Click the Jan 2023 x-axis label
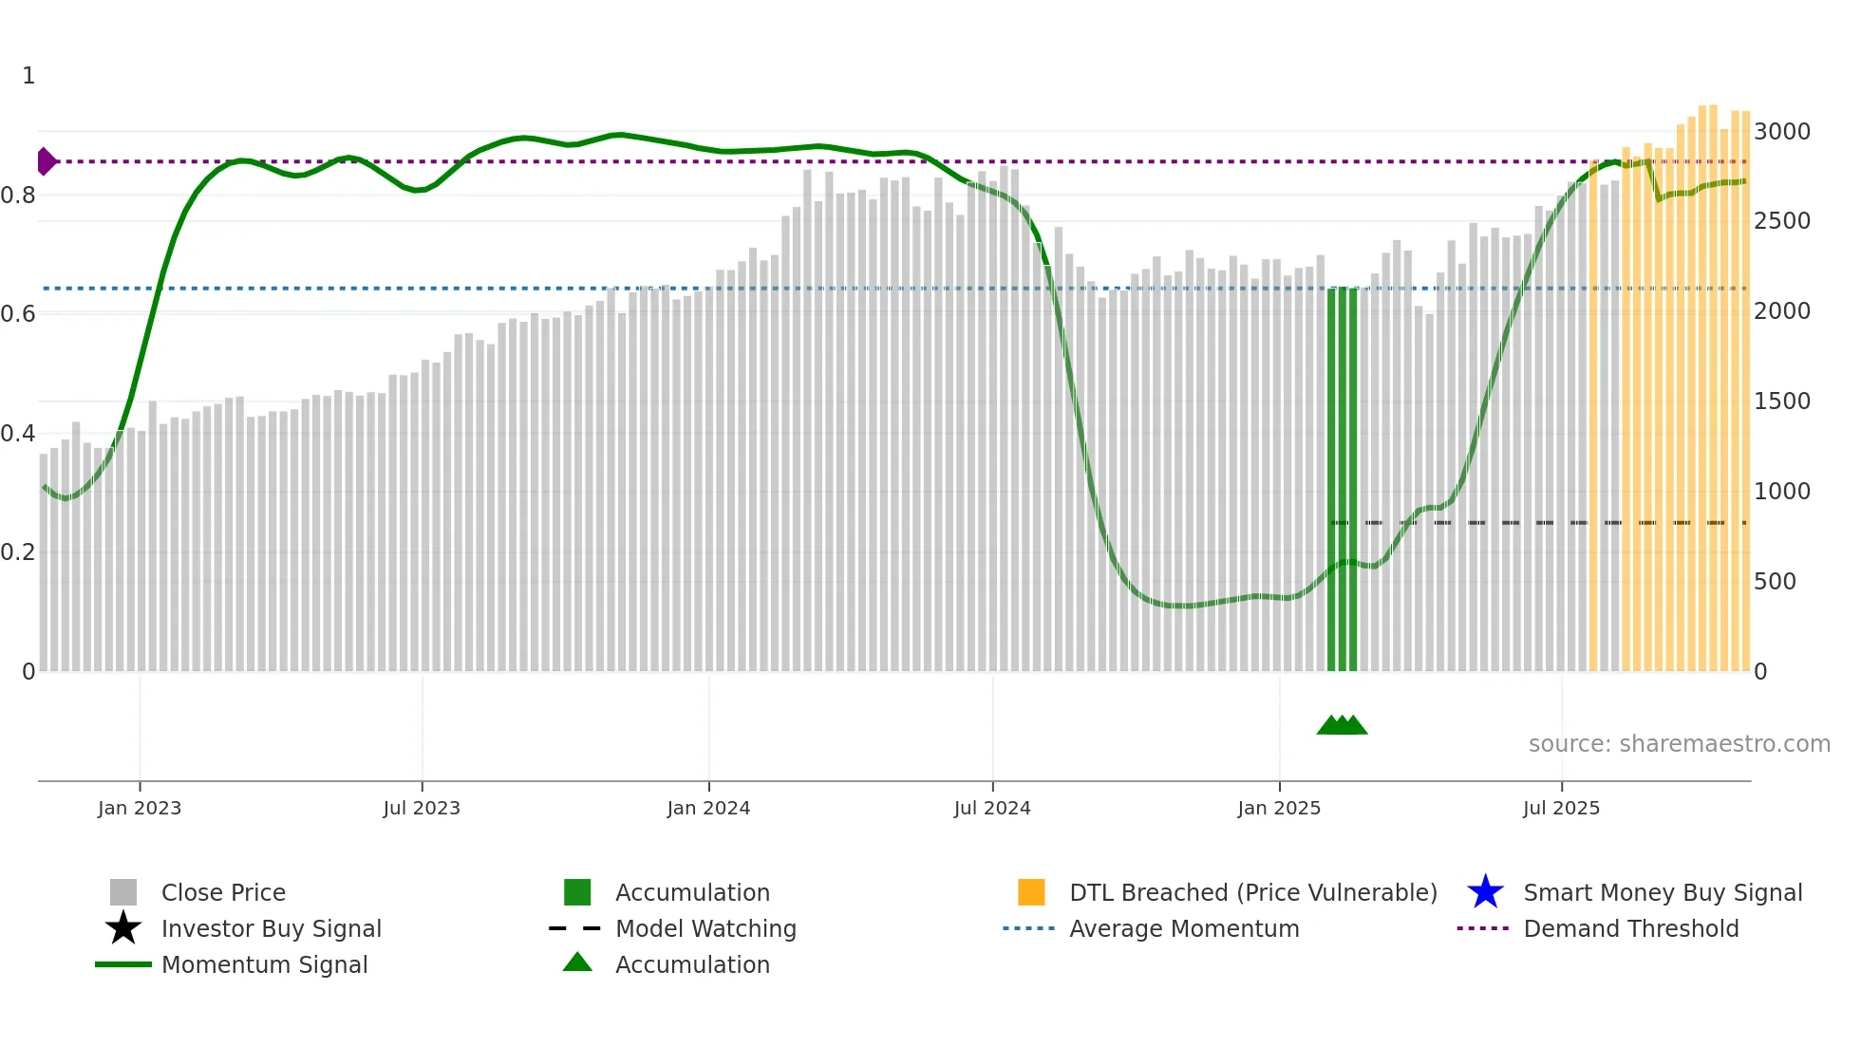tap(139, 808)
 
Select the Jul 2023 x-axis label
tap(422, 808)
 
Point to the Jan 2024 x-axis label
tap(708, 808)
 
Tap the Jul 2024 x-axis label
tap(992, 808)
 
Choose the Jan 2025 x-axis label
tap(1279, 808)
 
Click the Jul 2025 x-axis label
tap(1561, 808)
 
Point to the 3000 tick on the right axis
tap(1781, 131)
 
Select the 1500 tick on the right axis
tap(1781, 401)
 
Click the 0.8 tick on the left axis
tap(18, 196)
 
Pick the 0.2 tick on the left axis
tap(18, 552)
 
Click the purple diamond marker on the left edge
tap(46, 161)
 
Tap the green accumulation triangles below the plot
tap(1342, 725)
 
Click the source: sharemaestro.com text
tap(1679, 743)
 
